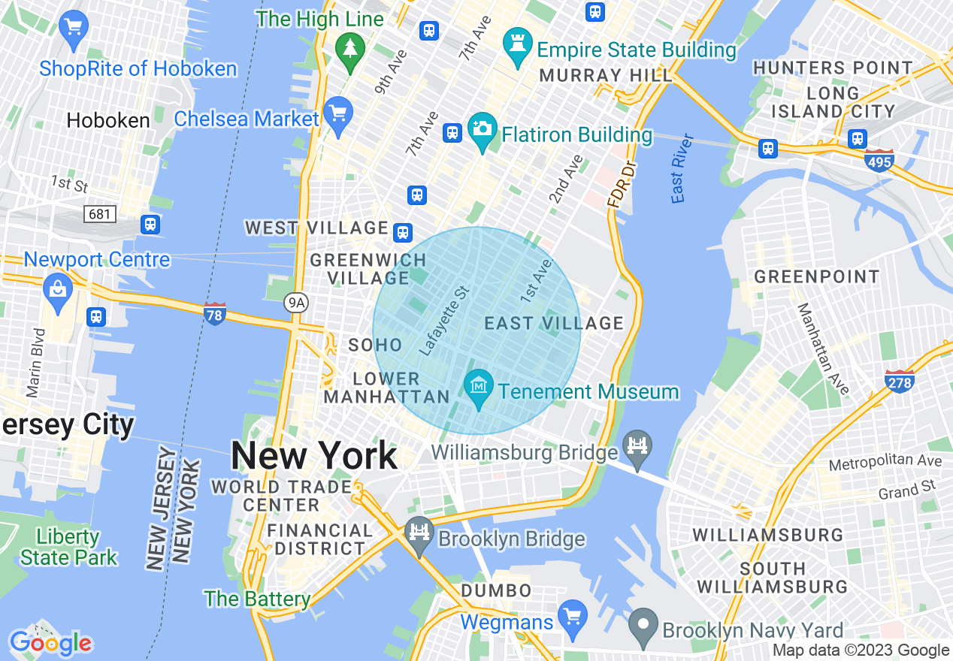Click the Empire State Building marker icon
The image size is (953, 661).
pyautogui.click(x=518, y=45)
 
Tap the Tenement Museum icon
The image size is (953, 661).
pyautogui.click(x=479, y=386)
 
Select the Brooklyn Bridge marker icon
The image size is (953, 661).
pyautogui.click(x=419, y=533)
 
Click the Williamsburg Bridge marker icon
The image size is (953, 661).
pyautogui.click(x=637, y=448)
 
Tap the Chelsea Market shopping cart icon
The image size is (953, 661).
pyautogui.click(x=338, y=114)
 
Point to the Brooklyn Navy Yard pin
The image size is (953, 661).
pyautogui.click(x=643, y=626)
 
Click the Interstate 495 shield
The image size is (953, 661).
pyautogui.click(x=879, y=160)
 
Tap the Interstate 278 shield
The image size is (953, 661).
pyautogui.click(x=900, y=382)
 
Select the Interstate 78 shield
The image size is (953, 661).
pyautogui.click(x=214, y=314)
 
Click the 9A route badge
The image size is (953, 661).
pyautogui.click(x=296, y=303)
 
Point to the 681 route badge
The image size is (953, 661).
pyautogui.click(x=99, y=214)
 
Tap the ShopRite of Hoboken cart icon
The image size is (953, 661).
pyautogui.click(x=74, y=29)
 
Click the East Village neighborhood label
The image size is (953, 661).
pyautogui.click(x=554, y=324)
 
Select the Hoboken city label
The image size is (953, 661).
pyautogui.click(x=108, y=120)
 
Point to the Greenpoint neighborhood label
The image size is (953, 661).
pyautogui.click(x=816, y=277)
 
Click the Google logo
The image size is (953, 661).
pyautogui.click(x=50, y=643)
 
